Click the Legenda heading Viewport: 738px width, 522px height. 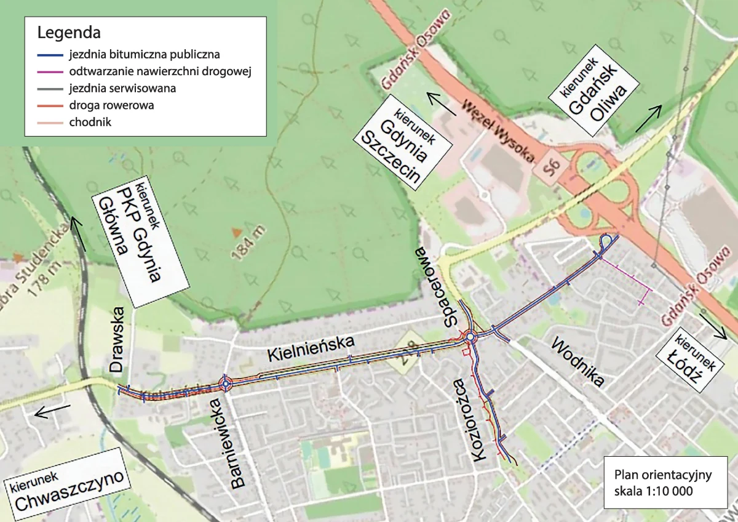click(69, 32)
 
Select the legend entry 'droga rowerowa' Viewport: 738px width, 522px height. click(111, 105)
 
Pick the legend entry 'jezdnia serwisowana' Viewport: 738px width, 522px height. click(122, 88)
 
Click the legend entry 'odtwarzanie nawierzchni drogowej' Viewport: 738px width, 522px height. click(161, 71)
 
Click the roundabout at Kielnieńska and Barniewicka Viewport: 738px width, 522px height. click(226, 384)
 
